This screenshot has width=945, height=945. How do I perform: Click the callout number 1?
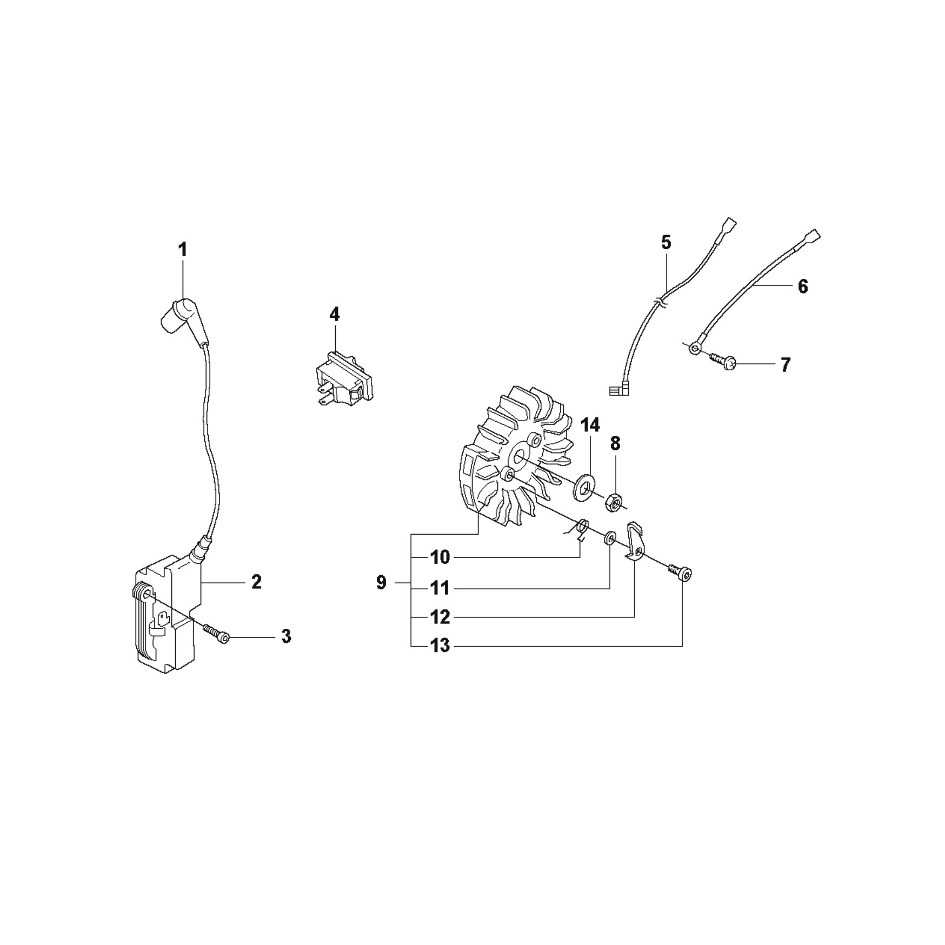183,250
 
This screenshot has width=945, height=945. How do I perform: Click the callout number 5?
666,242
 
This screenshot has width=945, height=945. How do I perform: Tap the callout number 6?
803,286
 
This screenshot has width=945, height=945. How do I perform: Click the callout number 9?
381,583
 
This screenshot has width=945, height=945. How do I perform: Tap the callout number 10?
440,557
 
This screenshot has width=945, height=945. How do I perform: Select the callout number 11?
440,588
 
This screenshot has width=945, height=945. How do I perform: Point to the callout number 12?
440,616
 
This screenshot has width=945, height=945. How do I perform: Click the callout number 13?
440,645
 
